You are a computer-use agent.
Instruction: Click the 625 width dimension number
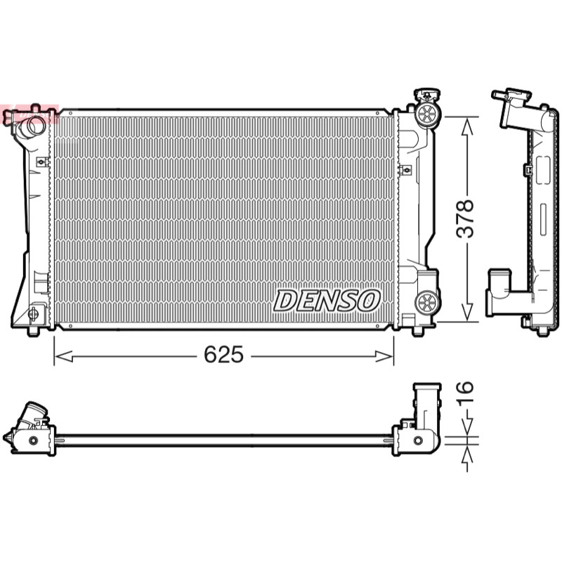[x=223, y=355]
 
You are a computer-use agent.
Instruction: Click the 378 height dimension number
[x=466, y=219]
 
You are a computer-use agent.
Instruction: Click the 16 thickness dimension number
[x=466, y=392]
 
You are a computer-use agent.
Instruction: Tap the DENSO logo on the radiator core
[x=327, y=301]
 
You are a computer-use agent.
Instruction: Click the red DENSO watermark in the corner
[x=29, y=114]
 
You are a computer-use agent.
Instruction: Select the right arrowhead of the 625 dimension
[x=384, y=356]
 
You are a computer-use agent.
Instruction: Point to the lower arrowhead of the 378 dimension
[x=467, y=312]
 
